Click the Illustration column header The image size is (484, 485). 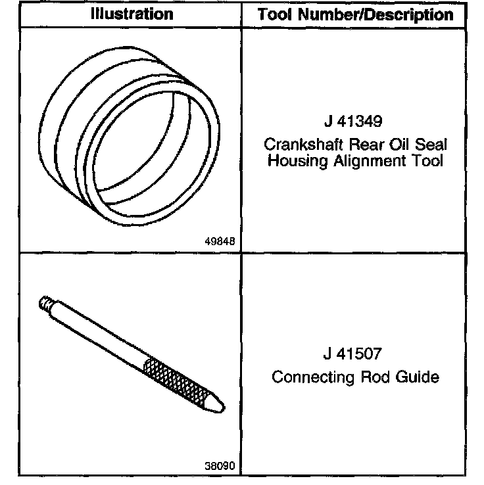131,14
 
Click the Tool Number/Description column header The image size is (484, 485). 355,14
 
